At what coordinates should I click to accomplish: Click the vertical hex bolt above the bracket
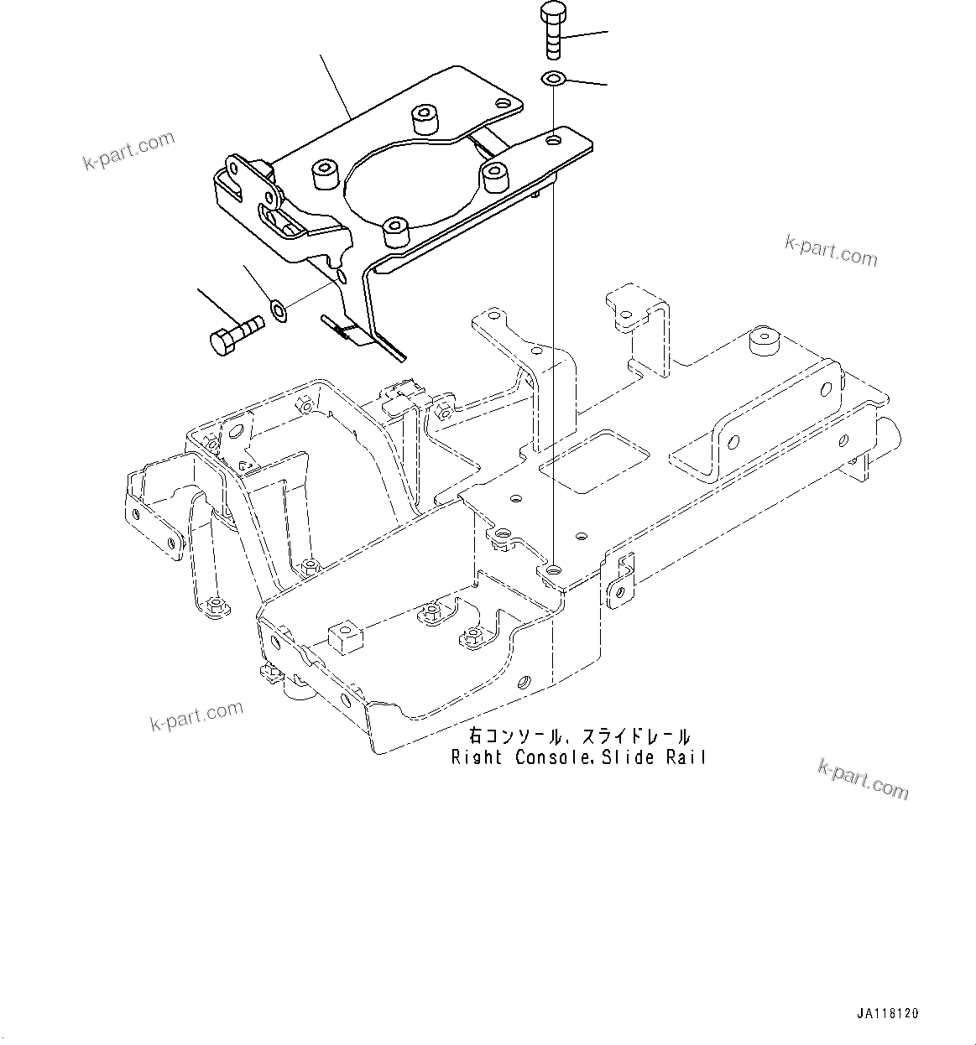coord(552,31)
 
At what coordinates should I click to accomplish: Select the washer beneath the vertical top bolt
coord(552,80)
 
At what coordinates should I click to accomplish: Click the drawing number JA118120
coord(887,1013)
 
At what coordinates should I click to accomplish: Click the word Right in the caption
coord(476,757)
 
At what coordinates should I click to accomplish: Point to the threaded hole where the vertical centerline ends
coord(551,570)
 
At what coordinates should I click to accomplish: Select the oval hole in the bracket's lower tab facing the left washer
coord(340,275)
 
